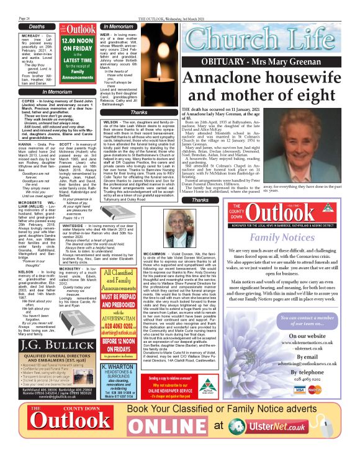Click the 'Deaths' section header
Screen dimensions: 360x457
pyautogui.click(x=37, y=27)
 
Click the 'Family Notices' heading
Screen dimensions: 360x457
pyautogui.click(x=265, y=236)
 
